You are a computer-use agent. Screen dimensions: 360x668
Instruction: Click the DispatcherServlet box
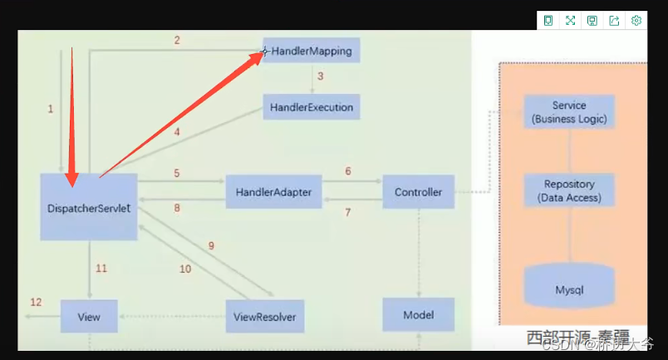(x=89, y=208)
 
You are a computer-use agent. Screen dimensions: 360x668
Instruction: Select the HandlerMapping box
(x=312, y=52)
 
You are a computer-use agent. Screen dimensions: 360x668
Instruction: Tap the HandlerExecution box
(x=312, y=107)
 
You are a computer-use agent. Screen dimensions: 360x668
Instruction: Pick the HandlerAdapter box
(x=273, y=192)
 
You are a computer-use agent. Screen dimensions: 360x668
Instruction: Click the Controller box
(x=418, y=192)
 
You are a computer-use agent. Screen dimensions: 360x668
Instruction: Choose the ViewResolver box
(x=265, y=317)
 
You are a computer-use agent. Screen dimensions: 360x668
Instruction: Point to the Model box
(x=418, y=315)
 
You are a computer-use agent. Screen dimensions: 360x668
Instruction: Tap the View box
(x=89, y=317)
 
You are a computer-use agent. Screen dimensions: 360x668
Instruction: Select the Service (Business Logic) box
(x=569, y=112)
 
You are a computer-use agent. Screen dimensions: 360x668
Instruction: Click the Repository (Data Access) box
(x=569, y=191)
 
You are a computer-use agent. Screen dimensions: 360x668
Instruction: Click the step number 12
(x=36, y=302)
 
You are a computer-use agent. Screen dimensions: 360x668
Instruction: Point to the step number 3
(x=320, y=76)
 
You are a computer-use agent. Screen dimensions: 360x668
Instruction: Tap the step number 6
(x=347, y=171)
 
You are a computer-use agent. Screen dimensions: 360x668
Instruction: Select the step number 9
(x=211, y=246)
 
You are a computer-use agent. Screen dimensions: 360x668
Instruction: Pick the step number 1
(x=50, y=109)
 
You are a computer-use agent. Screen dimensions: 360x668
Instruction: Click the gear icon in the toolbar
(x=636, y=21)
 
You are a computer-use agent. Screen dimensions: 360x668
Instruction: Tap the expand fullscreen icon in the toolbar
(x=570, y=21)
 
